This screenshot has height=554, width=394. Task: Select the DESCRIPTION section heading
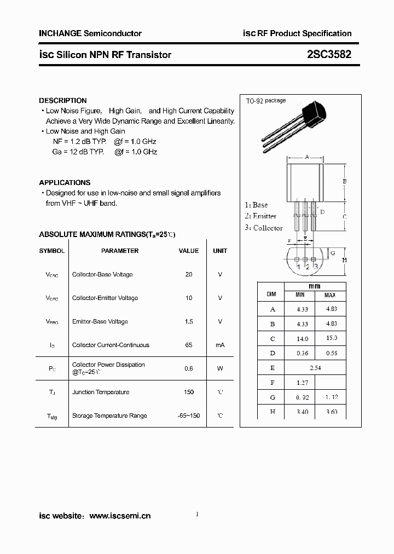62,101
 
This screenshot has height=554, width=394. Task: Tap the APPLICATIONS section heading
65,182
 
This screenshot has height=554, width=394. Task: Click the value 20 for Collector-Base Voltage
189,274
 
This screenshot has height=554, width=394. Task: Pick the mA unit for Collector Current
220,345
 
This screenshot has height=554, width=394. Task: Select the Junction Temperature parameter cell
101,392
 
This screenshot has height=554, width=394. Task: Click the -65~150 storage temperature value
189,415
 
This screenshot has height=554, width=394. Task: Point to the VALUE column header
189,251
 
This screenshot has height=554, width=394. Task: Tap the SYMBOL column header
51,251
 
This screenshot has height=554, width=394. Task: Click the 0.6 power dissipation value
189,368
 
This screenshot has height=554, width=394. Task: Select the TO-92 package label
265,101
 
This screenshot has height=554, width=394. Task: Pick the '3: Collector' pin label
263,228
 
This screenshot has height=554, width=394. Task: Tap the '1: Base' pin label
256,205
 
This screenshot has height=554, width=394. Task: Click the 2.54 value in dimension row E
315,368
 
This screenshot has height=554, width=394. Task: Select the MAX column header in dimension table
330,295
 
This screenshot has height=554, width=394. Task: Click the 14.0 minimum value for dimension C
302,338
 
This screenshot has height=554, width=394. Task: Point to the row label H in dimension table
272,412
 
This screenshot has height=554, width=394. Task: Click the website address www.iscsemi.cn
120,516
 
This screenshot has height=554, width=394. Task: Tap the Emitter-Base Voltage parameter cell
100,321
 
